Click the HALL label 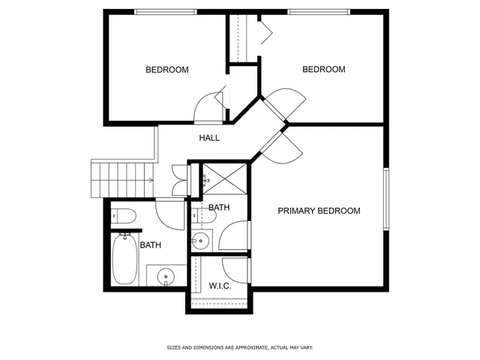pyautogui.click(x=209, y=138)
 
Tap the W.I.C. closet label pyautogui.click(x=219, y=286)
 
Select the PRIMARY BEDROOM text pyautogui.click(x=319, y=211)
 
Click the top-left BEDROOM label pyautogui.click(x=166, y=70)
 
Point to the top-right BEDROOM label pyautogui.click(x=323, y=70)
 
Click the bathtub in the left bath pyautogui.click(x=125, y=257)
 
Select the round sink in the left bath pyautogui.click(x=166, y=277)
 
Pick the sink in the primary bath pyautogui.click(x=200, y=241)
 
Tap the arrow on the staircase pyautogui.click(x=150, y=180)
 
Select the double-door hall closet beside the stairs pyautogui.click(x=179, y=181)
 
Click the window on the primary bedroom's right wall pyautogui.click(x=386, y=199)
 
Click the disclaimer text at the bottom pyautogui.click(x=240, y=347)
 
